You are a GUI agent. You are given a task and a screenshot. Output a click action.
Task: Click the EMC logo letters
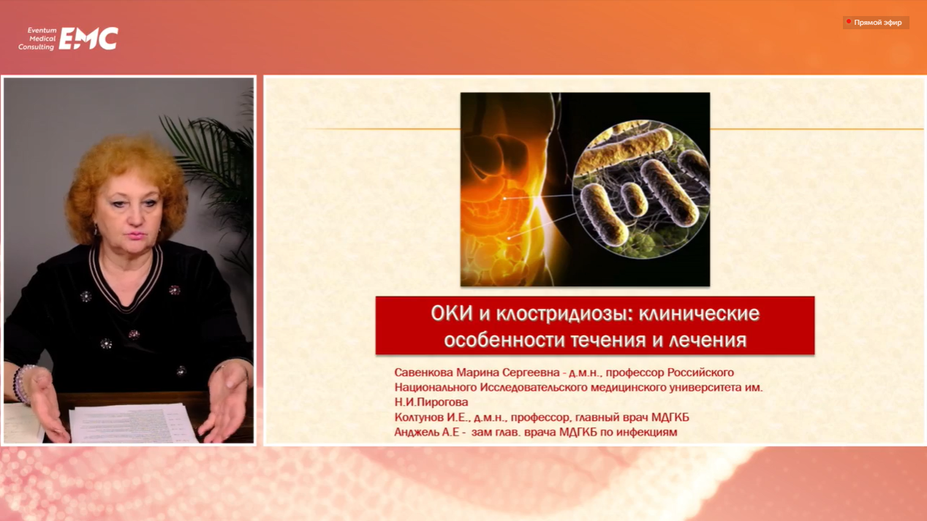click(x=88, y=39)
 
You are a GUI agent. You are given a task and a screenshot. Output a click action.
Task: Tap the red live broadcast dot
click(x=848, y=21)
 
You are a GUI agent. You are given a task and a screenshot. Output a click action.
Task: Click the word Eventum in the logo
click(x=42, y=30)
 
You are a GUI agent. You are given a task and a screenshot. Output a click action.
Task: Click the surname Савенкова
click(x=423, y=373)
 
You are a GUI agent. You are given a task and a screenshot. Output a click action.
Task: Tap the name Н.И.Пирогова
click(x=431, y=402)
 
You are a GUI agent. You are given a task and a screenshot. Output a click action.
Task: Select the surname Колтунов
click(x=419, y=417)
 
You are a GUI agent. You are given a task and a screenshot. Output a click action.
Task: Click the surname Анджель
click(x=416, y=432)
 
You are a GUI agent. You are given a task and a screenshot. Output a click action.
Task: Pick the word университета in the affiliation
click(x=705, y=387)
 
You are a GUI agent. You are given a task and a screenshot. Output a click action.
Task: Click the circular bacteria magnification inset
click(x=640, y=189)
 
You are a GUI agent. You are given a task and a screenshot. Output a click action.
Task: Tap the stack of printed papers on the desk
click(x=132, y=423)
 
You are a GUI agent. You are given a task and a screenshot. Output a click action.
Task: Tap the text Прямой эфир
click(x=878, y=23)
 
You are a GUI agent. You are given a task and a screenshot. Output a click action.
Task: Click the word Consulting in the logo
click(x=36, y=47)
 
